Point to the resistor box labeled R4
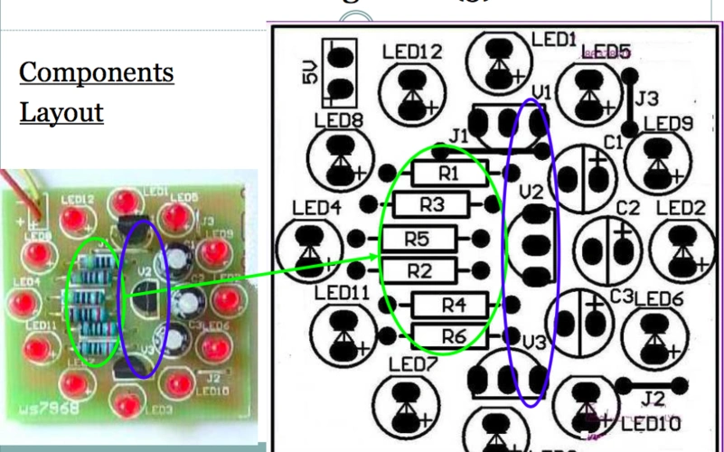pos(451,305)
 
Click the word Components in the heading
pos(97,72)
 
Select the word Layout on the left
pos(61,113)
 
